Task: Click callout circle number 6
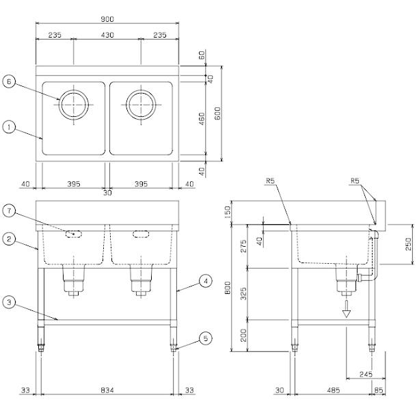tap(9, 81)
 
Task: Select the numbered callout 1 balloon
tap(9, 126)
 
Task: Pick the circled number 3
tap(9, 301)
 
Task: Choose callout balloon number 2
tap(9, 239)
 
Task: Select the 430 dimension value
tap(107, 34)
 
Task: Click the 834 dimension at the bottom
tap(107, 392)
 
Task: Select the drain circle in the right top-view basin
tap(140, 105)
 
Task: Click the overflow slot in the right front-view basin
tap(140, 234)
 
